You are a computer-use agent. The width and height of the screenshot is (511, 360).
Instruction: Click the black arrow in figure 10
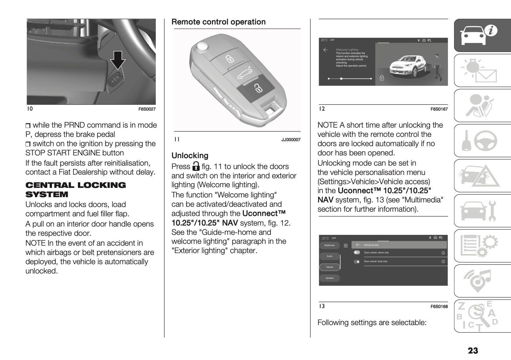tap(118, 60)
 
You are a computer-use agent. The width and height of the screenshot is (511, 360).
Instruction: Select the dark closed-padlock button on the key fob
tap(257, 89)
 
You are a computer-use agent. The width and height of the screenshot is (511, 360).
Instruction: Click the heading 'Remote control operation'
tap(218, 22)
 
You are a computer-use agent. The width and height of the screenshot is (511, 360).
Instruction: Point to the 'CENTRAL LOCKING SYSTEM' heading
tap(76, 190)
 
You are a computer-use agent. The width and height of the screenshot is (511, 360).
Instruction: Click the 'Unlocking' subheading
tap(190, 155)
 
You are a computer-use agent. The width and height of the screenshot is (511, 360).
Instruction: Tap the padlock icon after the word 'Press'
tap(196, 166)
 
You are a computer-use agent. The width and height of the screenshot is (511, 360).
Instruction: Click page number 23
tap(473, 350)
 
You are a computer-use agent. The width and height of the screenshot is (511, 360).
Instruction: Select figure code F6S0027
tap(147, 109)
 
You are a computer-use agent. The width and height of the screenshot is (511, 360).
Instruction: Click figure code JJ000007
tap(291, 140)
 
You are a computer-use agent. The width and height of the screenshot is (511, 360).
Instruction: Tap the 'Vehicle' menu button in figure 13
tap(330, 267)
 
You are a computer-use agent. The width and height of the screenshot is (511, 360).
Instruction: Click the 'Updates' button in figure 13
tap(330, 278)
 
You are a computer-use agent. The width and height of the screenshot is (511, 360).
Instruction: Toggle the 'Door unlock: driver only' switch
tap(357, 252)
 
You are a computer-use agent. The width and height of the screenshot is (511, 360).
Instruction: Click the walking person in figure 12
tap(437, 66)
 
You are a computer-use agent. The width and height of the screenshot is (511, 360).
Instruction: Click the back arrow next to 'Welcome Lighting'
tap(325, 50)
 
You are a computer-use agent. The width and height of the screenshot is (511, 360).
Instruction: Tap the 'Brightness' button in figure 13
tap(330, 245)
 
